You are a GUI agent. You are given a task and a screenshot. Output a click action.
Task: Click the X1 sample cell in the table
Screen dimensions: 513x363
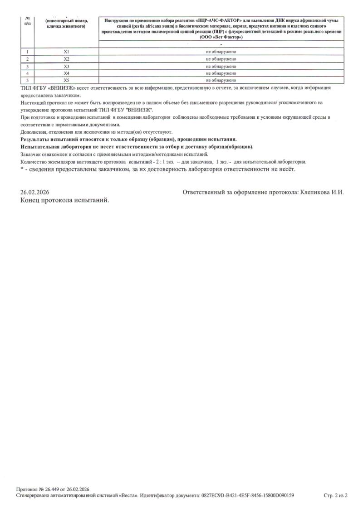[66, 52]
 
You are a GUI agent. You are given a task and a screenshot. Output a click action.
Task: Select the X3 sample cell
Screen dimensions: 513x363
[66, 66]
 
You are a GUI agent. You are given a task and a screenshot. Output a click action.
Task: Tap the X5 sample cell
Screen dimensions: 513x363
[66, 80]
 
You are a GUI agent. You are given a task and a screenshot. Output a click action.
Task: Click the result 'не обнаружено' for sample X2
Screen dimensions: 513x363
[221, 59]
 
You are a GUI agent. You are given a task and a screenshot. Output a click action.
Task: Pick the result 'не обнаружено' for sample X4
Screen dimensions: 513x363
[221, 73]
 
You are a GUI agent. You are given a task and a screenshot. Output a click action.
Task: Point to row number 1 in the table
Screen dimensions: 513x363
[28, 52]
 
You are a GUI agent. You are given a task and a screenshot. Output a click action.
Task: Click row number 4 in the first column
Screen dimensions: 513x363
[28, 73]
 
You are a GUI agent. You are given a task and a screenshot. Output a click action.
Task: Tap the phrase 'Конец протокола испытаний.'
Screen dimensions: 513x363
[65, 200]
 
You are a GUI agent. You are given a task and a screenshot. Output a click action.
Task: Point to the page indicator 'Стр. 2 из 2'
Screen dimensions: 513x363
[335, 495]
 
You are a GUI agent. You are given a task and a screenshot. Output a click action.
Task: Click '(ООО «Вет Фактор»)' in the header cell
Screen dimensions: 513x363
[221, 37]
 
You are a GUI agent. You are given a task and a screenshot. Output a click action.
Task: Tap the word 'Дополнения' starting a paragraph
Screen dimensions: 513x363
[33, 132]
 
